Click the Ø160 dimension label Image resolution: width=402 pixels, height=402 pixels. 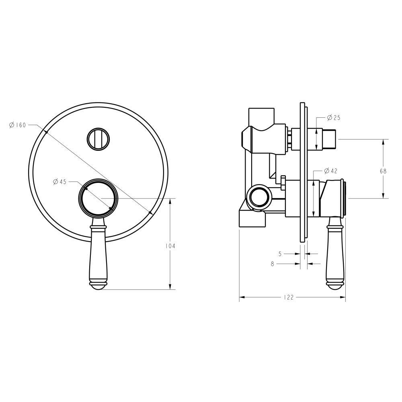(17, 125)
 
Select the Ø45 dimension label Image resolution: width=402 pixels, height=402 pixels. (59, 182)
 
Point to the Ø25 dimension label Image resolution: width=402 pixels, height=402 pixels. (333, 118)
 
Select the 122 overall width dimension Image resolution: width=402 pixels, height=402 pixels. (288, 297)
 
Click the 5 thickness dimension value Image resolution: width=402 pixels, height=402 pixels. (280, 254)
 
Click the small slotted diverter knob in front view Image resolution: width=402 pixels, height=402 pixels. (98, 139)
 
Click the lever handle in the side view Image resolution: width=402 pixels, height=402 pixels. (335, 253)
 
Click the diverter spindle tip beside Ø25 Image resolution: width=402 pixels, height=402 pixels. (330, 138)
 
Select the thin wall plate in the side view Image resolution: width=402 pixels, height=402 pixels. (302, 173)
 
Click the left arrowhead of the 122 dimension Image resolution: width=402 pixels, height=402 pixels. (241, 297)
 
